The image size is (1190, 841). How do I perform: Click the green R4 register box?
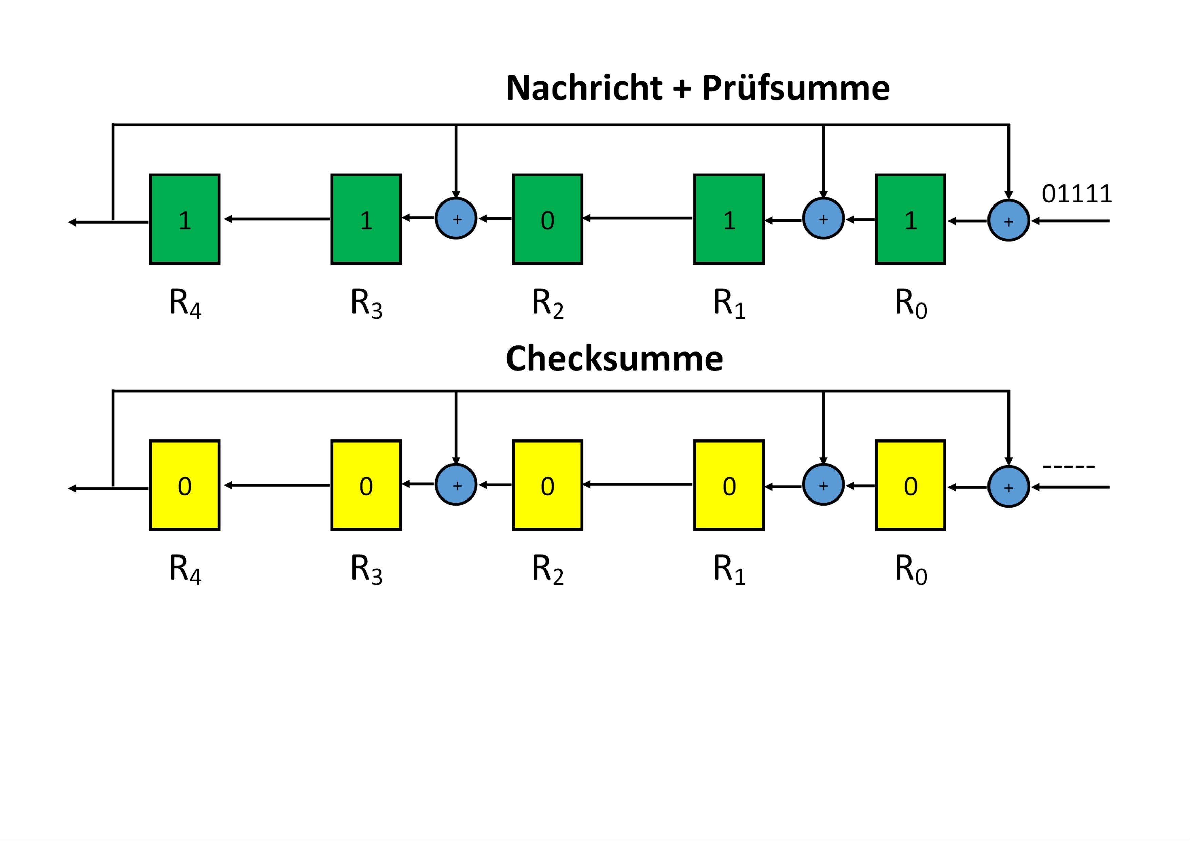point(185,219)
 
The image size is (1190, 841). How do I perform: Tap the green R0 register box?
point(910,219)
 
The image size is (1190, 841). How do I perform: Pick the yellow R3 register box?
point(366,485)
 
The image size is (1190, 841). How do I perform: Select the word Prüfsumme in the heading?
point(795,89)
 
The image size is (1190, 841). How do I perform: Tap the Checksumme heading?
point(614,358)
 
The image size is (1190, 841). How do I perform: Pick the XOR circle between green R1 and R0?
point(823,219)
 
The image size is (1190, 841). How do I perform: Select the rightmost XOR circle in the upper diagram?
point(1008,221)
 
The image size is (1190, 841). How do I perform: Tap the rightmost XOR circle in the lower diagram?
point(1008,487)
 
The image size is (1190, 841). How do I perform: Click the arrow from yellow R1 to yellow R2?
point(637,485)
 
